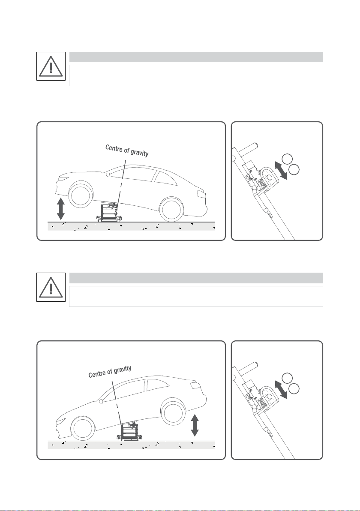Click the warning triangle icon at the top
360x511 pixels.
51,66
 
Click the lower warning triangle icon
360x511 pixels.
51,287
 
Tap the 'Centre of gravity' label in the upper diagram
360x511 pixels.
127,150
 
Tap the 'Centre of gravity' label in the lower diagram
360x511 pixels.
110,372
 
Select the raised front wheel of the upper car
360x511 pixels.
80,196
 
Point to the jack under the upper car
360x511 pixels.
110,213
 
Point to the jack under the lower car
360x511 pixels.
130,432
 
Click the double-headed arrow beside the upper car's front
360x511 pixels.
61,209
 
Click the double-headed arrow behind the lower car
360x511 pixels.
195,425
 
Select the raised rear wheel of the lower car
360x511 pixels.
173,412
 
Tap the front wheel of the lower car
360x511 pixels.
83,429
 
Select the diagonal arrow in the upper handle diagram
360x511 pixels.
281,170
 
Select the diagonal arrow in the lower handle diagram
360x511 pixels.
281,389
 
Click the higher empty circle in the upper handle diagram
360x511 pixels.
287,158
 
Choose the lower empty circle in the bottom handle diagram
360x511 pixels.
294,388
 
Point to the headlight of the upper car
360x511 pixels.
63,178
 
